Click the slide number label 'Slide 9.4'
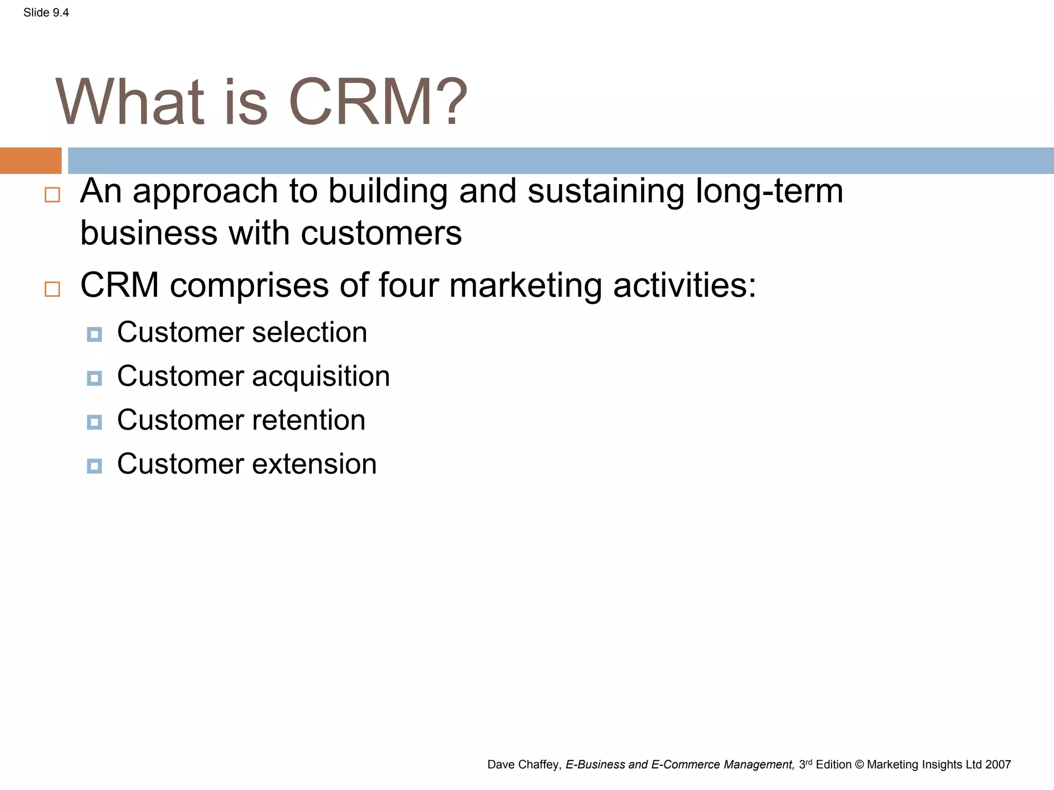(x=46, y=13)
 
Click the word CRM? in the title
(x=378, y=102)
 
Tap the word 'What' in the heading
(x=130, y=102)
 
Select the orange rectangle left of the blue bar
(x=30, y=160)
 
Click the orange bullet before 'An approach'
(x=52, y=195)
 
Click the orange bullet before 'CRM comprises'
(x=52, y=289)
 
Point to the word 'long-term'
(x=769, y=191)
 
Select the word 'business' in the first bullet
(x=149, y=233)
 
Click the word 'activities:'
(x=684, y=285)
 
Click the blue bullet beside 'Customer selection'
(x=94, y=335)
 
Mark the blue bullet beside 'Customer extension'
(x=94, y=466)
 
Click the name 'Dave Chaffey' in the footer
(x=523, y=765)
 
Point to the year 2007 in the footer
(x=998, y=765)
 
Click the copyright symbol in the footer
(x=859, y=765)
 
